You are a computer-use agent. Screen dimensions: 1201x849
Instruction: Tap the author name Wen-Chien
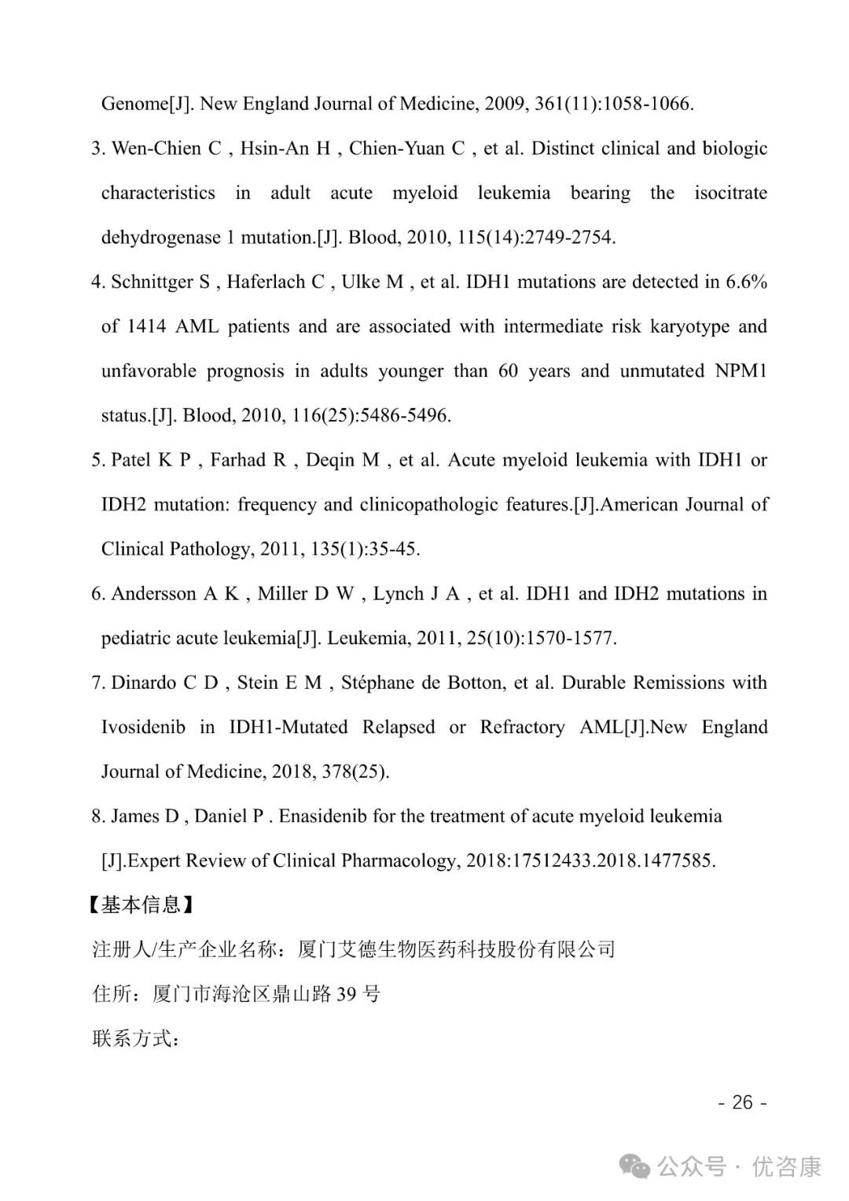coord(156,149)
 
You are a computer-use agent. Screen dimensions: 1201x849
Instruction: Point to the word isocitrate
coord(730,193)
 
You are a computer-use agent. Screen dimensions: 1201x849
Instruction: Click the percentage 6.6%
coord(747,282)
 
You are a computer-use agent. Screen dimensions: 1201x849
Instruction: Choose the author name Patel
coord(131,460)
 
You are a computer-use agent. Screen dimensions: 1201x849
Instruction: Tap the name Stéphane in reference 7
coord(377,683)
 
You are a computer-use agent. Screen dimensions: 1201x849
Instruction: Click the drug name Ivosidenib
coord(143,728)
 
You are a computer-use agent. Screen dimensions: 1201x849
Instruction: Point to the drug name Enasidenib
coord(323,816)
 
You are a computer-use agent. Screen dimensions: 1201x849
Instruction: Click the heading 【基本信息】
coord(141,905)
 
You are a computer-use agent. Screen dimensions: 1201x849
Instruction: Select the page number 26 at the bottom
coord(742,1103)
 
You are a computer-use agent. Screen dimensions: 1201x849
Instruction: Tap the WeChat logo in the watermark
coord(635,1166)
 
